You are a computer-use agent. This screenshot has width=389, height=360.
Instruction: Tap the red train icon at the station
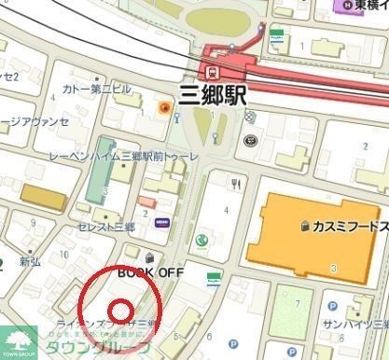214,70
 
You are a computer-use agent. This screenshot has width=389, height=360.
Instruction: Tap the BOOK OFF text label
151,271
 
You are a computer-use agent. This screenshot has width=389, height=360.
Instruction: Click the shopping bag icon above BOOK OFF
150,255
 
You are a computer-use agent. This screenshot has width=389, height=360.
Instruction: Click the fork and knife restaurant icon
237,184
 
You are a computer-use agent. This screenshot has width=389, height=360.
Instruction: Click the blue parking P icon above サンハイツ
333,305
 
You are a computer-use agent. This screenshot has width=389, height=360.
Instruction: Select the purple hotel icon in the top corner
342,6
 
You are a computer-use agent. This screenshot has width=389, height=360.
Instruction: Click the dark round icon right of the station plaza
249,141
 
